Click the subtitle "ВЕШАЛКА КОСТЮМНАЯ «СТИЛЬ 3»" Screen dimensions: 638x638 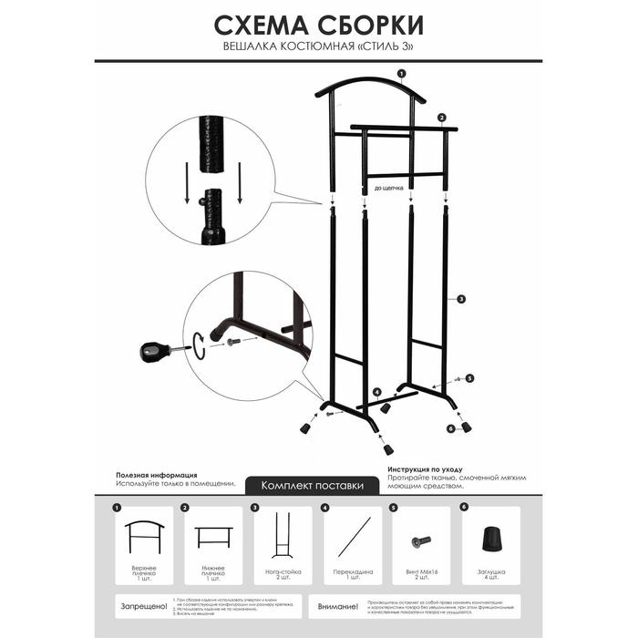pos(318,46)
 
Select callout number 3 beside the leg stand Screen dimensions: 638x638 pos(461,299)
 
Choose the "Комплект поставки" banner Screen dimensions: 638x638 pos(313,486)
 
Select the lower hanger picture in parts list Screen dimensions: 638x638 pos(214,537)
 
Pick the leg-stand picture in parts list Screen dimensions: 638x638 pos(283,538)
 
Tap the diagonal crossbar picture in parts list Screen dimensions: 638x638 pos(353,537)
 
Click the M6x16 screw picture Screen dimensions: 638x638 pos(421,541)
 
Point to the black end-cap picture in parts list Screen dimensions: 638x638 pos(491,538)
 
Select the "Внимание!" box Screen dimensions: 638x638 pos(336,605)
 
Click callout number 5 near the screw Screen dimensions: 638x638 pos(469,378)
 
